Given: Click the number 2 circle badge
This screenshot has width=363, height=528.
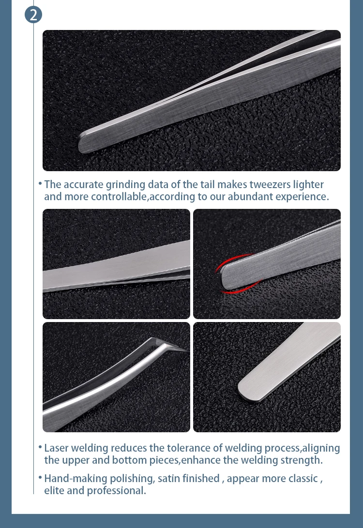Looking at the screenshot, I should point(33,15).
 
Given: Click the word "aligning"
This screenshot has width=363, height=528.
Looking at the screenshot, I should point(321,448).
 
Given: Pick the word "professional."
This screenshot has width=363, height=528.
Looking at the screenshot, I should point(116,491).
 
